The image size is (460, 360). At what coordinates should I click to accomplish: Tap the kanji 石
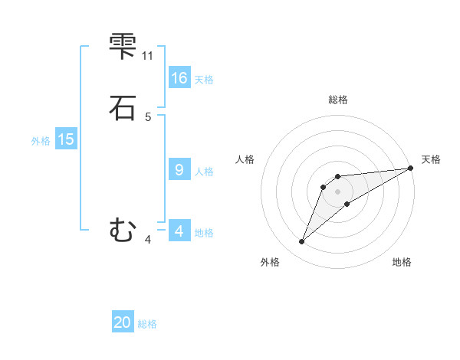coord(123,107)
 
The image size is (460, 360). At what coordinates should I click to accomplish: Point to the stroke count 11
coord(147,56)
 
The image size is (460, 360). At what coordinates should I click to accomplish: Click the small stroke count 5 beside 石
coord(148,117)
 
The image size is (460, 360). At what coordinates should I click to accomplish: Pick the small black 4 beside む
coord(148,240)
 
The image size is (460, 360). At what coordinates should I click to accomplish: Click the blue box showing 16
coord(179,78)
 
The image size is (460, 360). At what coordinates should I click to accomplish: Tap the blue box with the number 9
coord(179,170)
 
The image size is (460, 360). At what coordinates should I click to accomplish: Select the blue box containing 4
coord(179,231)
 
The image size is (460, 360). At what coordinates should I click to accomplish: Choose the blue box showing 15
coord(66,139)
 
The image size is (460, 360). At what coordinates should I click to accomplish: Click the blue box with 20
coord(123,323)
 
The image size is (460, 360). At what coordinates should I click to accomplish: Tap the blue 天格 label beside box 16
coord(204,80)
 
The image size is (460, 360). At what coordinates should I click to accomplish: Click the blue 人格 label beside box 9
coord(204,172)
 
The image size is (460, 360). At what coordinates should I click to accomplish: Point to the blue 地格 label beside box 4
coord(204,232)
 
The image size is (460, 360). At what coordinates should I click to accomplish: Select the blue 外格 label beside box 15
coord(41,141)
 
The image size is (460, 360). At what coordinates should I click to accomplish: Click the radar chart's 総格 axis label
coord(337,100)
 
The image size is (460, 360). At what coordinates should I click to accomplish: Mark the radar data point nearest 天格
coord(409,169)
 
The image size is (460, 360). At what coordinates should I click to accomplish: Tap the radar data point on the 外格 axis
coord(301,242)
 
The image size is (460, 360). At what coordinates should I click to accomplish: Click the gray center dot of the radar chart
coord(337,191)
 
